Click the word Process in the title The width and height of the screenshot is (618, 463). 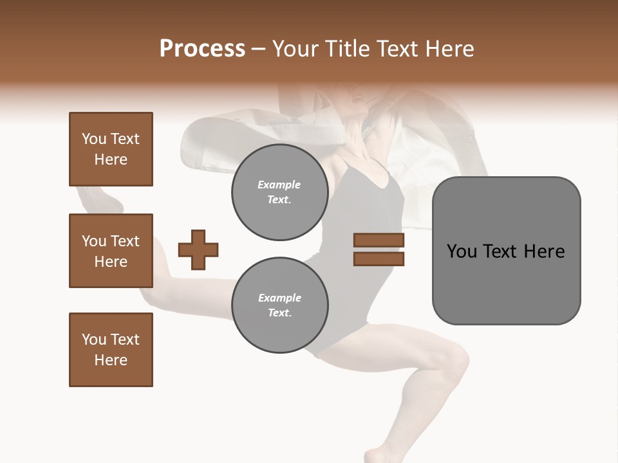click(x=202, y=49)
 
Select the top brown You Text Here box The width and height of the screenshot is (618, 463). click(x=111, y=149)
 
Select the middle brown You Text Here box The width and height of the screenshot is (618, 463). click(x=111, y=251)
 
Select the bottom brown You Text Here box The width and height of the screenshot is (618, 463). click(x=111, y=350)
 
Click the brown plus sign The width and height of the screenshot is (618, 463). click(x=198, y=250)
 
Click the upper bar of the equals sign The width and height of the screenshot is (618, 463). click(x=379, y=240)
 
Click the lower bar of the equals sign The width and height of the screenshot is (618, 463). click(x=379, y=259)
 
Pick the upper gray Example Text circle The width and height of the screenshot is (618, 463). click(x=279, y=192)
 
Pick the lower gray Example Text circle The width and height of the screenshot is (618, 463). click(x=279, y=305)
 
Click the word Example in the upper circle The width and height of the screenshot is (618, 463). click(x=279, y=185)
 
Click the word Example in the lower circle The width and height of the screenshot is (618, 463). click(x=279, y=298)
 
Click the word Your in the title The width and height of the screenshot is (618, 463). click(x=293, y=49)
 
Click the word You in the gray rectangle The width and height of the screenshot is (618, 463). click(x=461, y=251)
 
